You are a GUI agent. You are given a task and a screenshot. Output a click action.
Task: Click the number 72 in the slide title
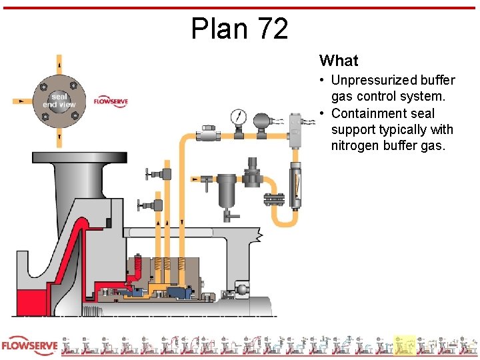271,29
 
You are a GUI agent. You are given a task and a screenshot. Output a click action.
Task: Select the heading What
339,61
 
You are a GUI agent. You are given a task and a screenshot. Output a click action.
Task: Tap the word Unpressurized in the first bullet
373,81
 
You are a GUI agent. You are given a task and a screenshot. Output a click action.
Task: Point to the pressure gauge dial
237,118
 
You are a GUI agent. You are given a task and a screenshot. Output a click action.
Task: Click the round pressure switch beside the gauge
261,121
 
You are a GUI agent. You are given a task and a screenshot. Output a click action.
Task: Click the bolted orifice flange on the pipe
273,199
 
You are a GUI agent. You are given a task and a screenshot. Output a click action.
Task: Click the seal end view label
59,100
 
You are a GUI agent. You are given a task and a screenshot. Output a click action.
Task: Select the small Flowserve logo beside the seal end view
110,101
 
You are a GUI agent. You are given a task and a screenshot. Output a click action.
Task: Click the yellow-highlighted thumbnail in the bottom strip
404,346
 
